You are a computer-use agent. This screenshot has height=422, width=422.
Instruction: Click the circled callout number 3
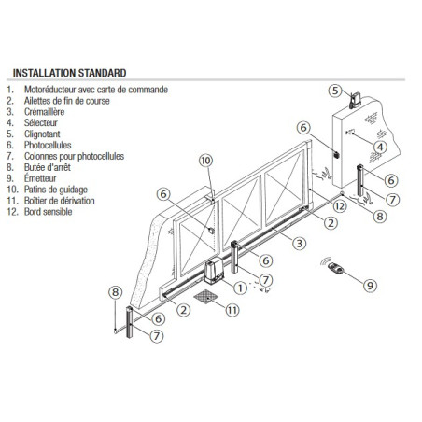click(299, 243)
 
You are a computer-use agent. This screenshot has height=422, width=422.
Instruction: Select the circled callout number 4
click(380, 147)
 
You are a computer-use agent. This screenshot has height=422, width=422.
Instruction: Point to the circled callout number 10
click(206, 162)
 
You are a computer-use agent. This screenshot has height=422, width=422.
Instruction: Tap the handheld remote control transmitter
click(337, 268)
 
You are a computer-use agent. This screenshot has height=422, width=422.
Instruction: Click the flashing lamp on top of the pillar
click(353, 99)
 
